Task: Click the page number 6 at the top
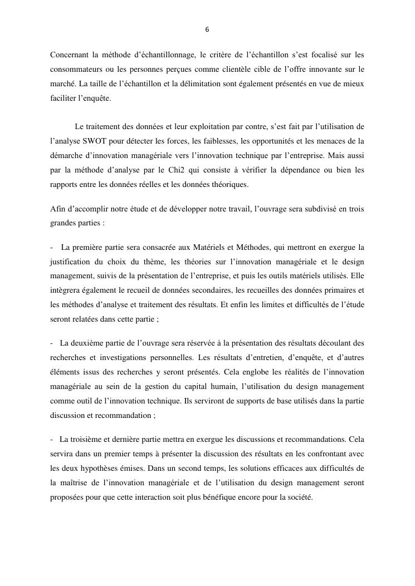click(x=207, y=29)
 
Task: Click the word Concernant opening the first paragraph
click(x=69, y=55)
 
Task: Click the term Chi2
click(x=175, y=170)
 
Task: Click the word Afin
click(x=57, y=209)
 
